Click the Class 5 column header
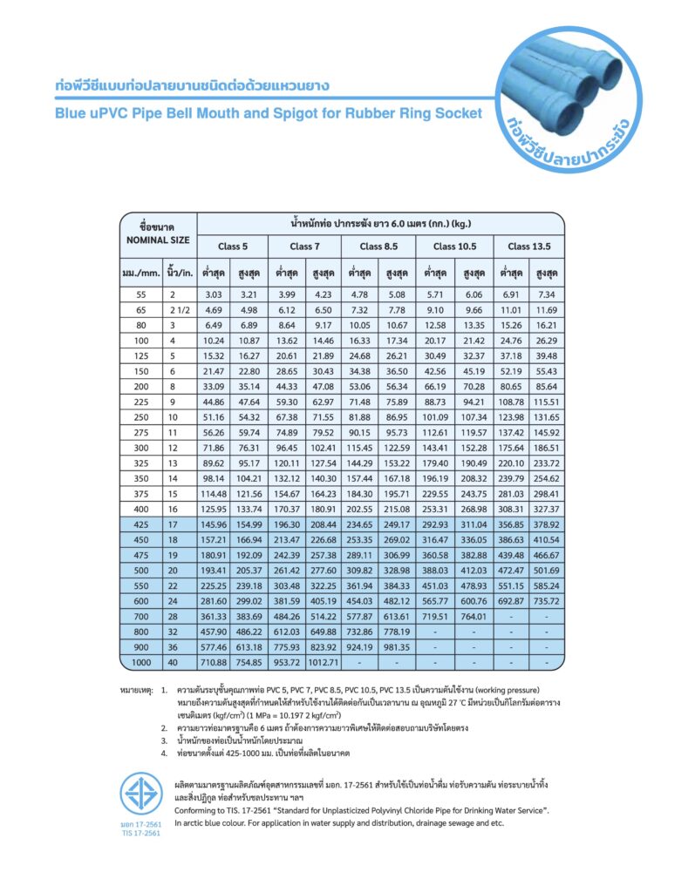[x=232, y=247]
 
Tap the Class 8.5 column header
[x=378, y=247]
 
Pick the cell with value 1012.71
[x=324, y=662]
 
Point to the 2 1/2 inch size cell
[x=178, y=310]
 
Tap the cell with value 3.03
[x=214, y=294]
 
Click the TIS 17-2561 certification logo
[x=140, y=796]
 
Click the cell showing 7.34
[x=547, y=294]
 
